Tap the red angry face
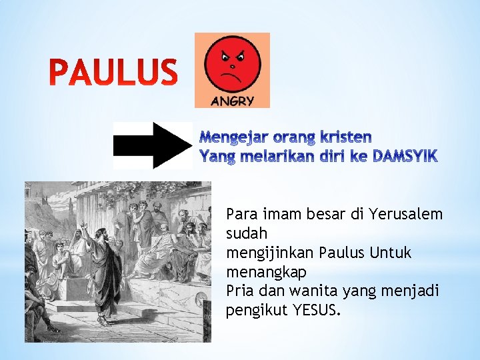(x=232, y=65)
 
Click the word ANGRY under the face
(x=232, y=101)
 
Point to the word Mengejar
(x=232, y=137)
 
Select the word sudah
(x=247, y=234)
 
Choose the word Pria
(x=240, y=292)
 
